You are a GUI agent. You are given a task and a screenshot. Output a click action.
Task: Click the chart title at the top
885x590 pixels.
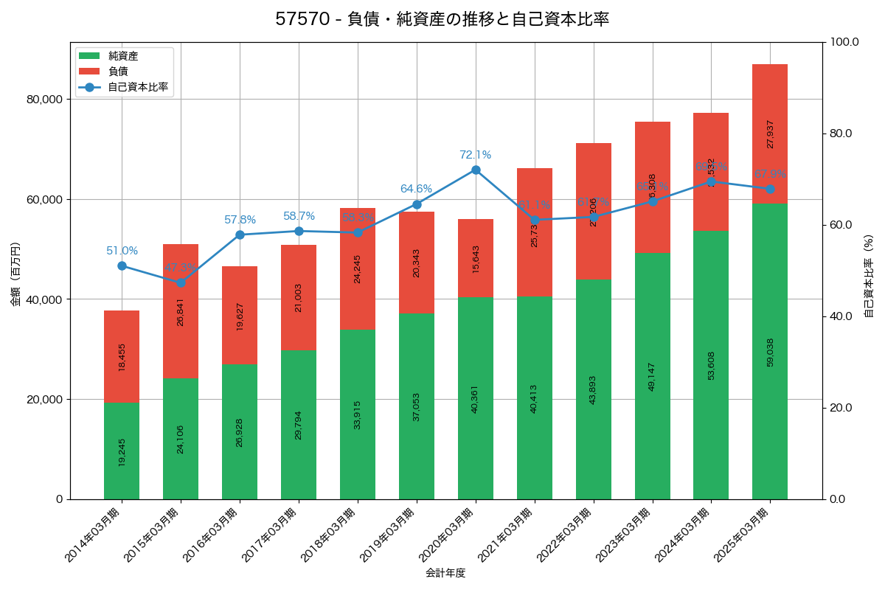[x=442, y=19]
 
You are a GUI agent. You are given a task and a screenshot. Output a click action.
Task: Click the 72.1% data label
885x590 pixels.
[x=475, y=155]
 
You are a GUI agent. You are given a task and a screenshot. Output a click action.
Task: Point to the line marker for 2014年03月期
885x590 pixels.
[x=122, y=265]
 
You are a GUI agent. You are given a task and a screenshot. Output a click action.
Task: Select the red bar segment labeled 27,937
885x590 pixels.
[x=770, y=133]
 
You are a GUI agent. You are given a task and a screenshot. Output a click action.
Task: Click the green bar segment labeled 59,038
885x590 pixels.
[x=770, y=351]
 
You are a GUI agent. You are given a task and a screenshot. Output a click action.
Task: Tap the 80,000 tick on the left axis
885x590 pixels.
[x=44, y=100]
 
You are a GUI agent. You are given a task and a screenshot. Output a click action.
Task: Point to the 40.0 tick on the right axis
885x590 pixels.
[x=840, y=316]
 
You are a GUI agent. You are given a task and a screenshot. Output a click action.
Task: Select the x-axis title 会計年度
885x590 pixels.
[x=445, y=573]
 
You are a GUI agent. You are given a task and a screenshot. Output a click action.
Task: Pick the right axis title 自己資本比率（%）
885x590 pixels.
[x=869, y=276]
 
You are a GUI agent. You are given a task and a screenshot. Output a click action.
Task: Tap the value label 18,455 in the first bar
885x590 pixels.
[x=122, y=356]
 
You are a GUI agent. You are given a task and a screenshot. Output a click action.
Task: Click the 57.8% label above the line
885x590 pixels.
[x=240, y=220]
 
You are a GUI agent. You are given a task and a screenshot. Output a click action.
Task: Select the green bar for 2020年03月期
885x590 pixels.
[x=476, y=398]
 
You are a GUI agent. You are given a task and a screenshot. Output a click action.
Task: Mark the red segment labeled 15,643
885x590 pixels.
[x=476, y=259]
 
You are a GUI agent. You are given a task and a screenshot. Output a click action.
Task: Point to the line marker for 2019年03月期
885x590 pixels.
[x=417, y=204]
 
